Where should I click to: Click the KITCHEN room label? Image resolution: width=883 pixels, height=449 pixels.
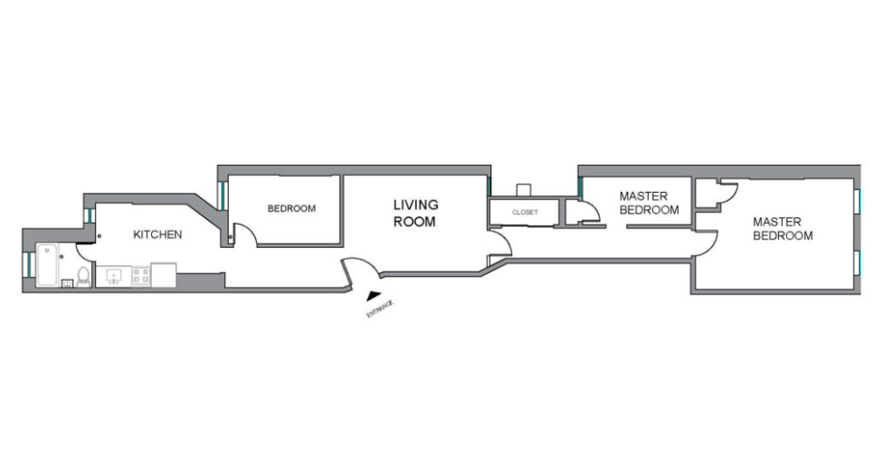click(x=157, y=234)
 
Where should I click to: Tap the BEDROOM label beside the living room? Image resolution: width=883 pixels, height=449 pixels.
click(x=291, y=208)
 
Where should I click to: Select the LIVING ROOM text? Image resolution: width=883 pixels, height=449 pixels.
click(x=415, y=213)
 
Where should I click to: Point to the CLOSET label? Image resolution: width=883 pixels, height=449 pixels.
click(x=525, y=213)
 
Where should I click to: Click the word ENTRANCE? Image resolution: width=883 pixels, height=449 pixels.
click(x=380, y=310)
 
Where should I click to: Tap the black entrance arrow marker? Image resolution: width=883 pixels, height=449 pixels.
click(x=373, y=294)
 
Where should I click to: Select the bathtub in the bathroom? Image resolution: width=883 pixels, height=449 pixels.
click(x=47, y=265)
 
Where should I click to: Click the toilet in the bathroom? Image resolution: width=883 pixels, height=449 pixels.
click(x=83, y=276)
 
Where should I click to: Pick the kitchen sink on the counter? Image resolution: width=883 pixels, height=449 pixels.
click(x=114, y=276)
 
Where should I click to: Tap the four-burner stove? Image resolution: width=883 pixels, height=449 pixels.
click(x=141, y=275)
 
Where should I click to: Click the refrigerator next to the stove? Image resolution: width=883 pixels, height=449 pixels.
click(x=164, y=275)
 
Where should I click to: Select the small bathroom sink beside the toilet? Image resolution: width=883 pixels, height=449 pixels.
click(x=67, y=282)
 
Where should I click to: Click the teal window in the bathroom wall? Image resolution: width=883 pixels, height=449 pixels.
click(x=26, y=264)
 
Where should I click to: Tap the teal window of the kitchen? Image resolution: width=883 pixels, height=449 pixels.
click(x=89, y=215)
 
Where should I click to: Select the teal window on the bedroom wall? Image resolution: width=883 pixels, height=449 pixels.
click(x=223, y=196)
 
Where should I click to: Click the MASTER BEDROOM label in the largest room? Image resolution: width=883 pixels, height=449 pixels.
click(x=783, y=229)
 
